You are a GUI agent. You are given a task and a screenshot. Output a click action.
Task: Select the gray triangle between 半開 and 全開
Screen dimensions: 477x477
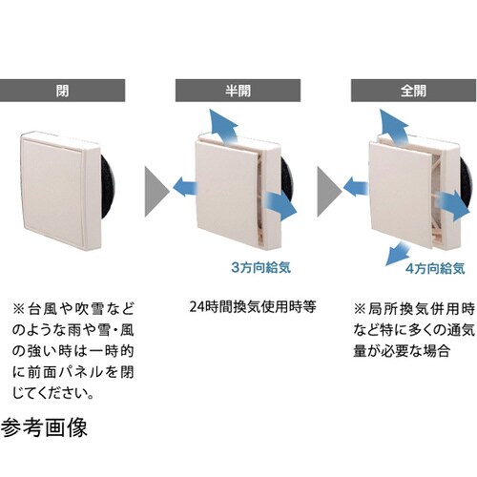(x=328, y=182)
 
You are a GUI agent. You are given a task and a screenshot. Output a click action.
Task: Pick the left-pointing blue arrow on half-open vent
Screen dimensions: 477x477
(x=182, y=189)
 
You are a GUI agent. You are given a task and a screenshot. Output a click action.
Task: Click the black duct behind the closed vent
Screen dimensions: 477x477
(x=108, y=191)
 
